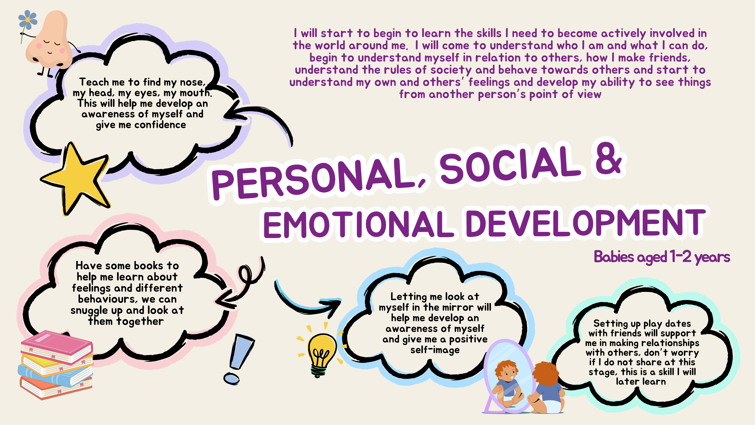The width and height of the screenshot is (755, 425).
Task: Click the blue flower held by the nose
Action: (x=28, y=20)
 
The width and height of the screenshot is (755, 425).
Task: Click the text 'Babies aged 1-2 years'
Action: (x=662, y=257)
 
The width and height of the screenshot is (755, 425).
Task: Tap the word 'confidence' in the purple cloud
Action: (x=160, y=125)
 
